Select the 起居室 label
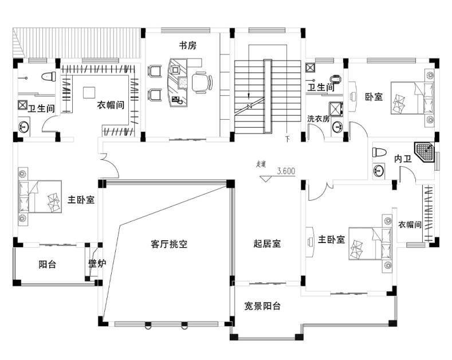267,244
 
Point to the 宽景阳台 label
262,306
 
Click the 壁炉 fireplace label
97,264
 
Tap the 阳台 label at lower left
47,264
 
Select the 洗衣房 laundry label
318,119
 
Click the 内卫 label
403,159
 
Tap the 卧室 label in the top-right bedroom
374,97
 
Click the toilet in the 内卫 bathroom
379,152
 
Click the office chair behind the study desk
201,81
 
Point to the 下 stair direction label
288,139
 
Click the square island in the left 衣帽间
89,92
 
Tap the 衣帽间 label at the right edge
410,225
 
